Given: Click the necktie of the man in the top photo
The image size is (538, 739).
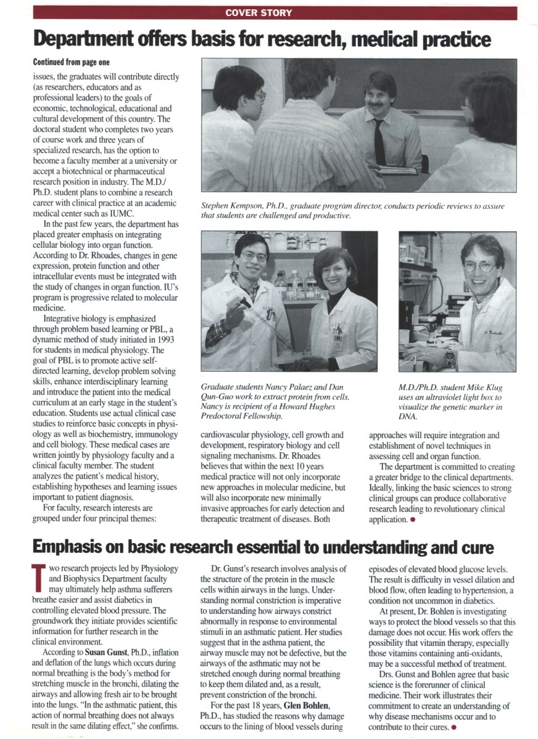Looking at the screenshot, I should click(379, 141).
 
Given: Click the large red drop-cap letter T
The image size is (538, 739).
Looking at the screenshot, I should click(38, 579).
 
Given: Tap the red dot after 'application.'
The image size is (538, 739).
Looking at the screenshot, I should click(412, 520).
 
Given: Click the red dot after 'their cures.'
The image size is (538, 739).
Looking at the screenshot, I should click(453, 728).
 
